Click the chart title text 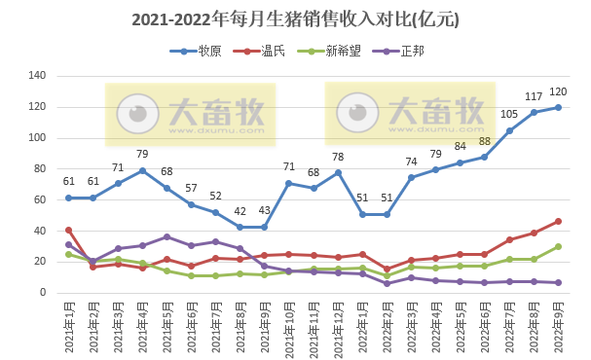pos(295,18)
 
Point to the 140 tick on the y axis pos(38,76)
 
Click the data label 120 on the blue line pos(558,91)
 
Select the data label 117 pos(534,96)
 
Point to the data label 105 pos(509,115)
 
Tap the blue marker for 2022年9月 pos(558,107)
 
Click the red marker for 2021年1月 pos(68,230)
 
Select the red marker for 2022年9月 pos(558,221)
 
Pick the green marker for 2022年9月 pos(558,246)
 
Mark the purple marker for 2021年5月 pos(166,236)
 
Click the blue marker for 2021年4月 pos(142,170)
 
